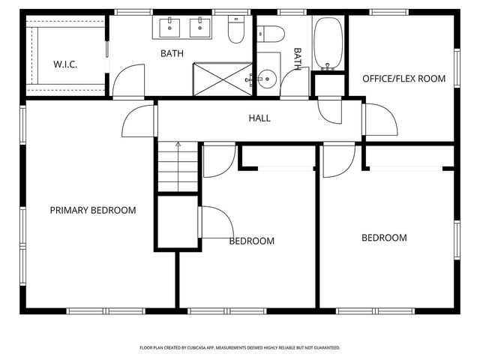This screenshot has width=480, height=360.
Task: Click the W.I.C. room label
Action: click(65, 64)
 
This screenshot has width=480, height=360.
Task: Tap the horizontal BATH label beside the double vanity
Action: click(172, 53)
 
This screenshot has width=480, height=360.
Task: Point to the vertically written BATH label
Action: click(298, 59)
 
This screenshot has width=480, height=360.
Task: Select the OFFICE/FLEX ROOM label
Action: click(403, 79)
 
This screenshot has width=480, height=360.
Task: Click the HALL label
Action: click(259, 118)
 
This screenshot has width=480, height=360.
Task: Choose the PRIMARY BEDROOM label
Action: click(93, 211)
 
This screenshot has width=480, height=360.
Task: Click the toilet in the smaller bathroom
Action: click(271, 33)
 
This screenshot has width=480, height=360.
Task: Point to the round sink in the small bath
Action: click(268, 77)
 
